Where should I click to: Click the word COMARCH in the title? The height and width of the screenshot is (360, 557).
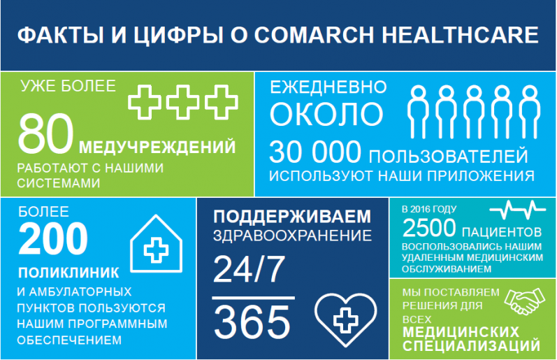[x=314, y=35]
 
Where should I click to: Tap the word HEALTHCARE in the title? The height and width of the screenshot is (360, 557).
[x=461, y=35]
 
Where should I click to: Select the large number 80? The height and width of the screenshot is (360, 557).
[x=45, y=134]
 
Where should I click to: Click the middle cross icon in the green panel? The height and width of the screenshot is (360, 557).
[x=182, y=102]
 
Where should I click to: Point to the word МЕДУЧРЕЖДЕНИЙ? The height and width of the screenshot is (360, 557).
[x=157, y=146]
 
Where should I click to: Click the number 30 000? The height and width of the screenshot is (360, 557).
[x=315, y=152]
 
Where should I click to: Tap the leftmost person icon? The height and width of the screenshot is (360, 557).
[x=419, y=112]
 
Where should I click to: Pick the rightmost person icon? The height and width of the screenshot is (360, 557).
[x=530, y=112]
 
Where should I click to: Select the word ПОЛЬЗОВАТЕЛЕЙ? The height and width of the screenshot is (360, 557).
[x=448, y=157]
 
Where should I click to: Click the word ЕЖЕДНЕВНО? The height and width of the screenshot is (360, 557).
[x=328, y=87]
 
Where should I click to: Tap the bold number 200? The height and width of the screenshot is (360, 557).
[x=53, y=238]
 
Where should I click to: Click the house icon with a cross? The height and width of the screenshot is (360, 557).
[x=156, y=244]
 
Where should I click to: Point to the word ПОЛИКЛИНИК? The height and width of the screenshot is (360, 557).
[x=68, y=273]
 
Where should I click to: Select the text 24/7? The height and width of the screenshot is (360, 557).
[x=249, y=269]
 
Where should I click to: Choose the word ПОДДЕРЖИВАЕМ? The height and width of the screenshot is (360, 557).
[x=292, y=217]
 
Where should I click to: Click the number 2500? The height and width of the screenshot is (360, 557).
[x=429, y=228]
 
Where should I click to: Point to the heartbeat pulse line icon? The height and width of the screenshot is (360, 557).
[x=517, y=209]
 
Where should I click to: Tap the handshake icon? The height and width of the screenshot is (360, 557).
[x=525, y=301]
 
